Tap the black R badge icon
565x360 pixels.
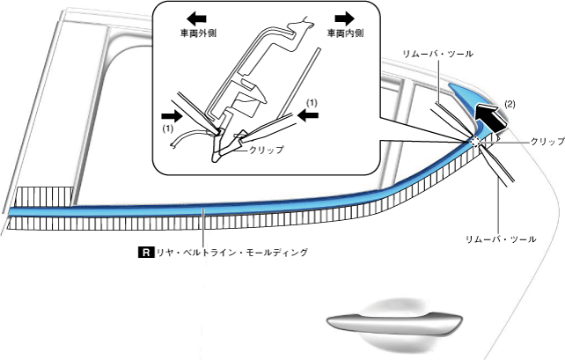pyautogui.click(x=146, y=253)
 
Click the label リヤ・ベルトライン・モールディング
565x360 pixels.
pyautogui.click(x=231, y=253)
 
